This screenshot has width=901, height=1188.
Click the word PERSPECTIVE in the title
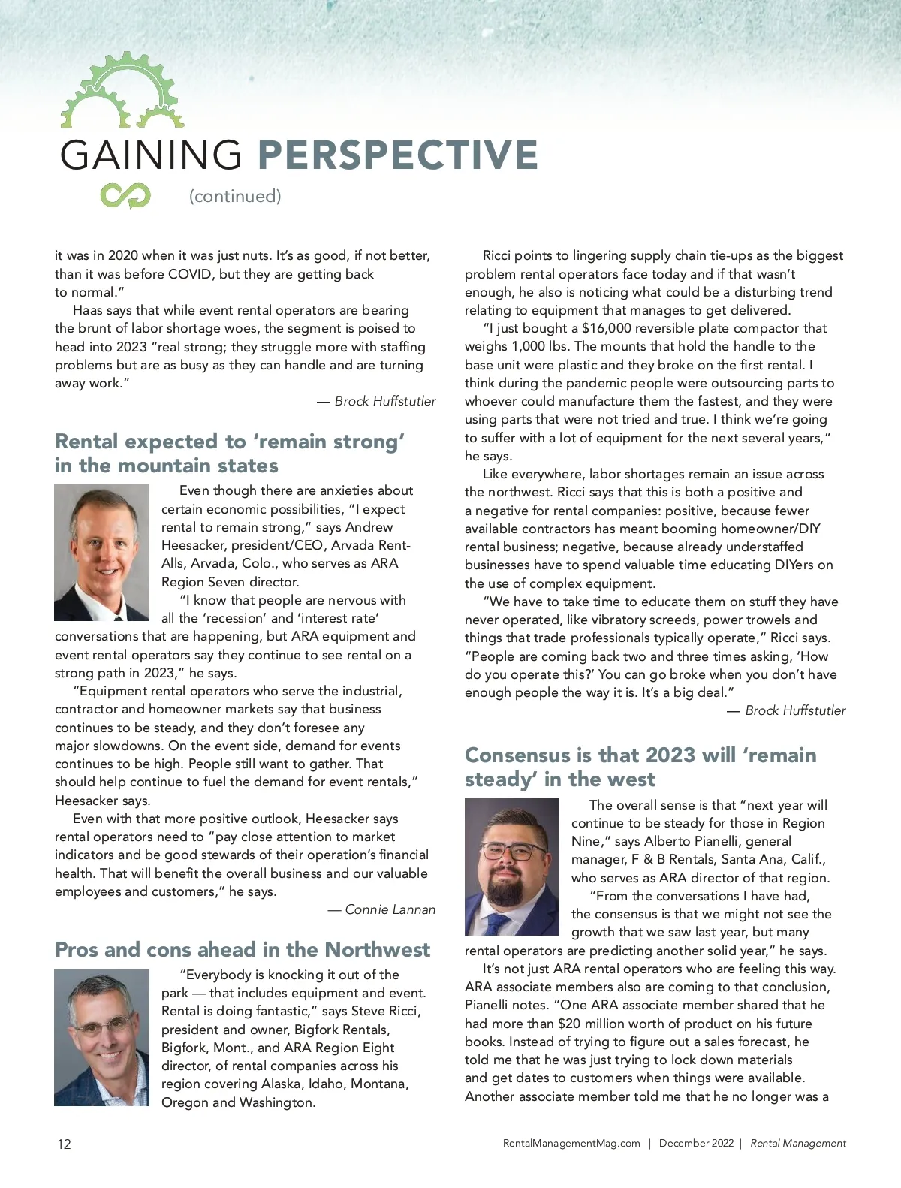(x=397, y=155)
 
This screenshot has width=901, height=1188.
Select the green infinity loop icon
(x=125, y=196)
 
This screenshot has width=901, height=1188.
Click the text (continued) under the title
(x=235, y=196)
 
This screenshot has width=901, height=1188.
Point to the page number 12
(x=64, y=1144)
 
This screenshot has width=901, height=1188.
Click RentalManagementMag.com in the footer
(x=571, y=1143)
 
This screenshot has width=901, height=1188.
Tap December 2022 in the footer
(x=696, y=1143)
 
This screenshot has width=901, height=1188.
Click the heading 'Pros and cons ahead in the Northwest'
(x=243, y=949)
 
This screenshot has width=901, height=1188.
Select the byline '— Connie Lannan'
(x=381, y=909)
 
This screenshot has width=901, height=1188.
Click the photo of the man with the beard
(x=512, y=867)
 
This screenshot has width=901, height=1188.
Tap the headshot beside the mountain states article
(x=102, y=552)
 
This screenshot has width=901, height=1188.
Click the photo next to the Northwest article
(x=102, y=1037)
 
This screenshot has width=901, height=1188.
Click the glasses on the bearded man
(x=513, y=851)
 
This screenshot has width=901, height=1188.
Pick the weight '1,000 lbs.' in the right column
(x=541, y=346)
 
